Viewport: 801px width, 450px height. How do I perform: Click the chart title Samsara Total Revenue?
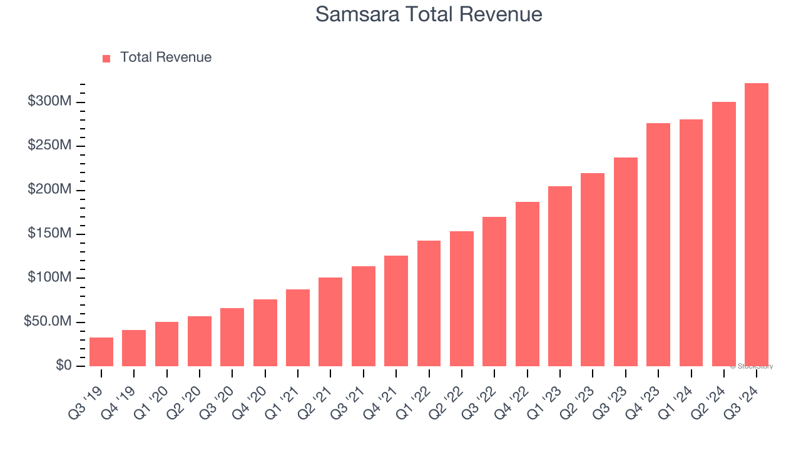[x=429, y=14]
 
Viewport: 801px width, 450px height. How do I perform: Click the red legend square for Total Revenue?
[x=106, y=58]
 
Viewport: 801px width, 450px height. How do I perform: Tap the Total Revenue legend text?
[x=166, y=57]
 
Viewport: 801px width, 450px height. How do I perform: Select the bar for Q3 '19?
[x=101, y=352]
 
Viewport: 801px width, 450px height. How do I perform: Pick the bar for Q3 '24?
[x=756, y=225]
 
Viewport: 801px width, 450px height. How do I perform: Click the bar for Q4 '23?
[x=658, y=245]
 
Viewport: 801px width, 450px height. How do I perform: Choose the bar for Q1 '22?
[x=429, y=304]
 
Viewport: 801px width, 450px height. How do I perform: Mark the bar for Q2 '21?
[x=330, y=322]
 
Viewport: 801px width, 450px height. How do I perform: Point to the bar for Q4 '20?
[x=265, y=333]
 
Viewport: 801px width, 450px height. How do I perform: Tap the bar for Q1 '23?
[x=560, y=276]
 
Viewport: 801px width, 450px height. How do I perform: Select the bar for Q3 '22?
[x=494, y=292]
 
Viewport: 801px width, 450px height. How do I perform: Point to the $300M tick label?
[x=50, y=101]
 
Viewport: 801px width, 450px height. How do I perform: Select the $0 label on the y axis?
[x=64, y=365]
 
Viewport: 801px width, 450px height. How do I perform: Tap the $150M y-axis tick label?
[x=50, y=233]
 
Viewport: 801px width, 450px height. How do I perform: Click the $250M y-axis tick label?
[x=50, y=145]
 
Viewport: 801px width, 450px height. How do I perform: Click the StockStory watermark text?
[x=752, y=366]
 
